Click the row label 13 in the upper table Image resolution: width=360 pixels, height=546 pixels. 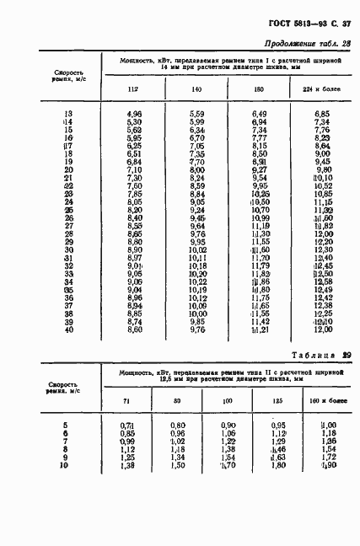(68, 112)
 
